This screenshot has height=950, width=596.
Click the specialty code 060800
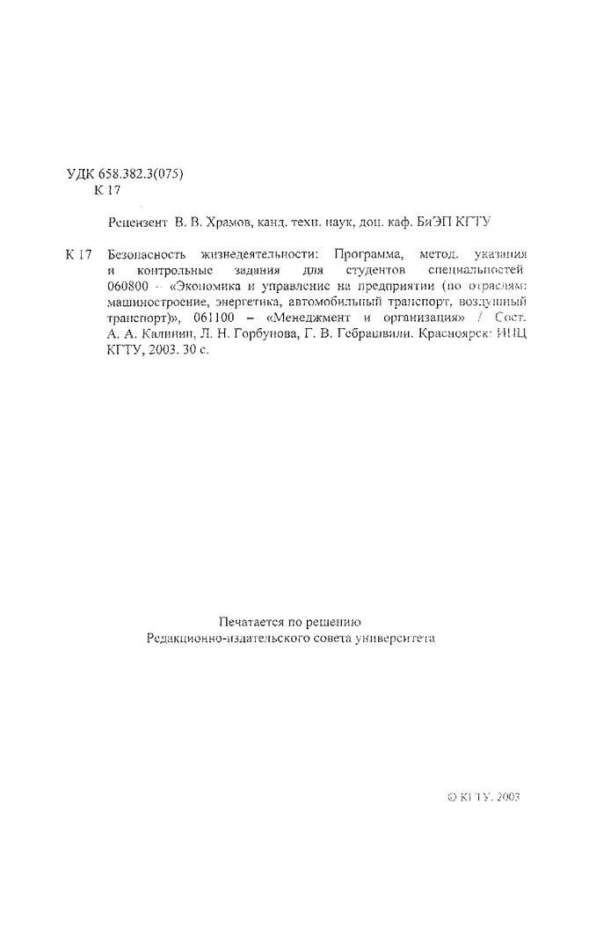coord(127,286)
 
